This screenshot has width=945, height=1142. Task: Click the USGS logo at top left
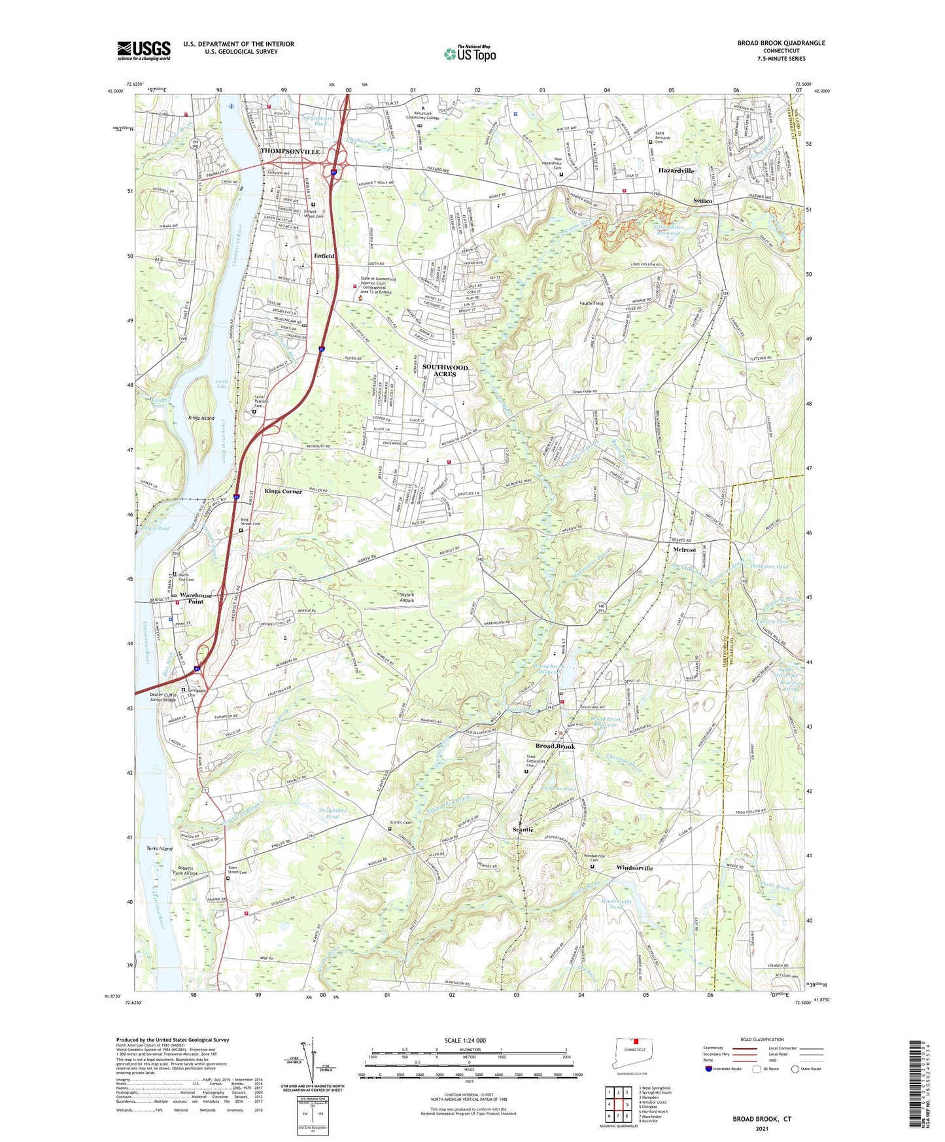coord(144,50)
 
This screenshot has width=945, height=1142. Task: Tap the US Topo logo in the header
coord(470,54)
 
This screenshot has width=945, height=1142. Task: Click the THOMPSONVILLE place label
coord(290,151)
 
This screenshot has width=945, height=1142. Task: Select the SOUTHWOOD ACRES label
coord(445,371)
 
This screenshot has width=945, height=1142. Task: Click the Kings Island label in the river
coord(201,418)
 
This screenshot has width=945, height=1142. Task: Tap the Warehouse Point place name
coord(196,598)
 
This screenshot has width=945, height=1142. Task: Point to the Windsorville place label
coord(634,868)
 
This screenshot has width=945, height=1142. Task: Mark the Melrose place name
coord(684,550)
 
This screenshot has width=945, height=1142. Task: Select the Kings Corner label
coord(283,491)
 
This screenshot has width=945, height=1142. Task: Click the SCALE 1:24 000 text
coord(464,1040)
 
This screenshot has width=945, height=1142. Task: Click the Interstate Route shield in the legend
coord(708,1069)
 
